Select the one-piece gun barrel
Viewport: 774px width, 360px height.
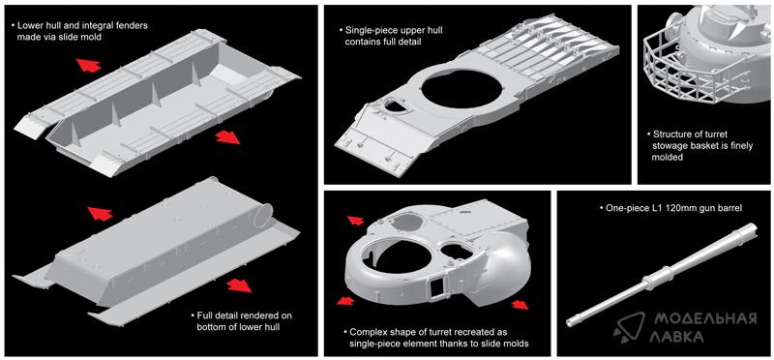click(662, 275)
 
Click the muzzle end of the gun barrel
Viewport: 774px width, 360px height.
click(571, 322)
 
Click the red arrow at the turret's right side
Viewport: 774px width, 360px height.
click(520, 305)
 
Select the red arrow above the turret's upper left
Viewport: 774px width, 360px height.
click(355, 221)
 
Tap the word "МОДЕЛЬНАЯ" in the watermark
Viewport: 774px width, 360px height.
click(705, 319)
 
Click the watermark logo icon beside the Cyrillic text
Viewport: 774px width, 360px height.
click(631, 327)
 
